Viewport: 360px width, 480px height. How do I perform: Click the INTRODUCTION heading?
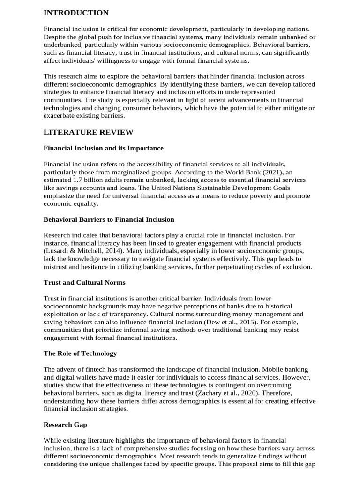(x=76, y=13)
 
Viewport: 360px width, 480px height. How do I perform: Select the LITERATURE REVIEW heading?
(x=88, y=132)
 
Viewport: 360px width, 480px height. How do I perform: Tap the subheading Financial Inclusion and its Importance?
(x=104, y=148)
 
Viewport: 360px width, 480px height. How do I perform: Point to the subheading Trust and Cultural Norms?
(x=84, y=283)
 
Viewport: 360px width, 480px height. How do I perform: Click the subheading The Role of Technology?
(x=80, y=353)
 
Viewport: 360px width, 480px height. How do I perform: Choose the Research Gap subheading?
(x=65, y=424)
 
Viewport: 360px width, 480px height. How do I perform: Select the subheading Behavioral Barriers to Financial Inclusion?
(x=109, y=219)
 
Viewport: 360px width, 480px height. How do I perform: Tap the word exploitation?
(x=61, y=314)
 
